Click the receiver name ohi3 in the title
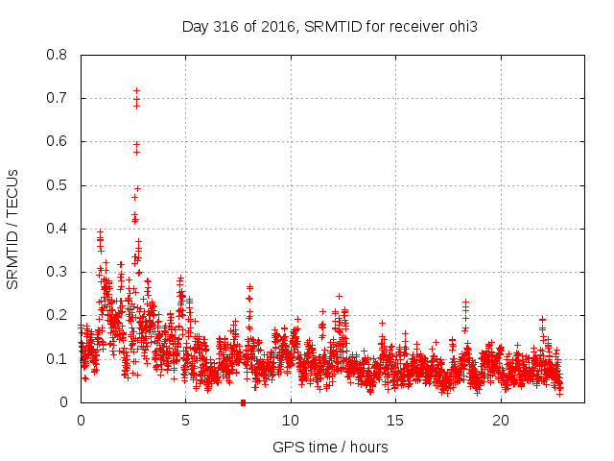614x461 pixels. tap(462, 27)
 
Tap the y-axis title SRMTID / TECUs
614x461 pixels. tap(13, 229)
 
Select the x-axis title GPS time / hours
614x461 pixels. tap(330, 447)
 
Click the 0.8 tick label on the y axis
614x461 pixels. tap(57, 55)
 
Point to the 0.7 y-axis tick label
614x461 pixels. tap(57, 98)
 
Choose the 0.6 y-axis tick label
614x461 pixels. tap(57, 141)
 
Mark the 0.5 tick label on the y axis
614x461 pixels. tap(57, 185)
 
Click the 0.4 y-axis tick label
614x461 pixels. tap(57, 229)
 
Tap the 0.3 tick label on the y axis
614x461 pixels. tap(57, 272)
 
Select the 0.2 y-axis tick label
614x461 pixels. tap(57, 315)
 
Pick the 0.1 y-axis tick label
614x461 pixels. tap(57, 359)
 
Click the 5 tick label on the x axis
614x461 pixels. tap(185, 421)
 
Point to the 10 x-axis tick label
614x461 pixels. tap(291, 421)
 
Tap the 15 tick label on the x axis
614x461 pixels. tap(395, 421)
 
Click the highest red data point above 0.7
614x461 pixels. tap(136, 90)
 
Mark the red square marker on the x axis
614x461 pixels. tap(243, 402)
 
